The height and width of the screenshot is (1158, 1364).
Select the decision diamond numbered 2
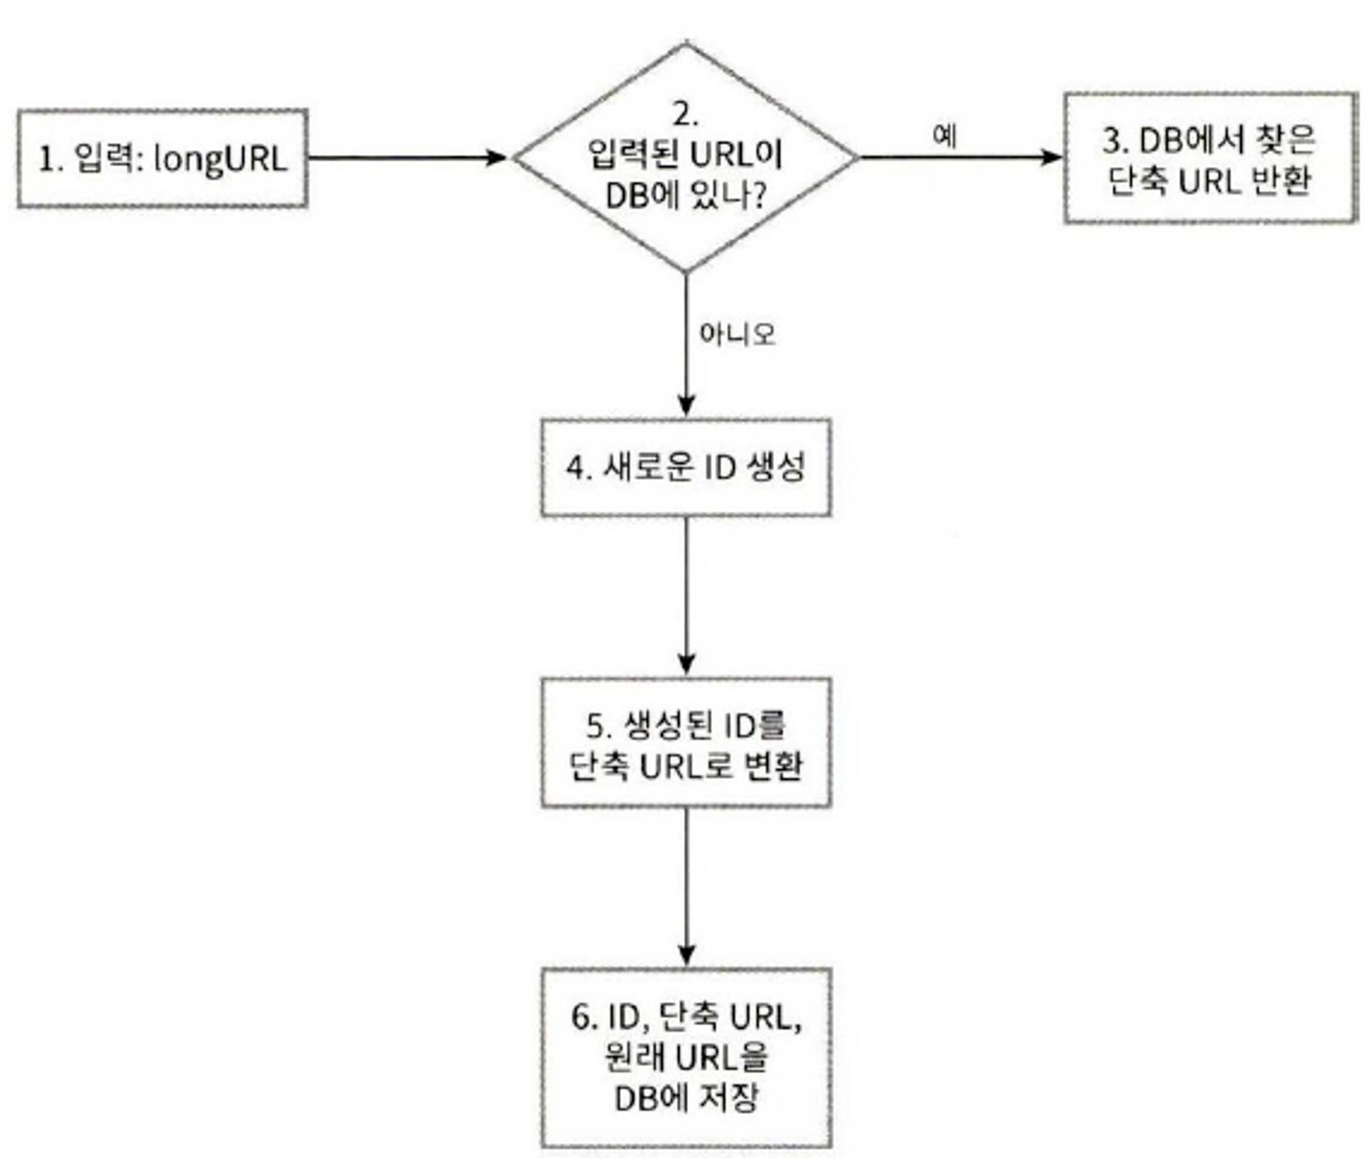686,158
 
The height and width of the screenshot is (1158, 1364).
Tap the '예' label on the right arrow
945,136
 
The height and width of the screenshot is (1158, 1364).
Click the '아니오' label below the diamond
737,334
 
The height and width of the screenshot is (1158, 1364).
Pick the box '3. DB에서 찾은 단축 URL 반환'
1210,158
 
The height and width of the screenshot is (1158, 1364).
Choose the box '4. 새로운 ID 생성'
686,468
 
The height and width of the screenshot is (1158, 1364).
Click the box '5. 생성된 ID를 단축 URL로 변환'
686,743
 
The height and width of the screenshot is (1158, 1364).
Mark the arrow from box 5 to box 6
686,887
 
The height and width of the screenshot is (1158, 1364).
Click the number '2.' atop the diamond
686,115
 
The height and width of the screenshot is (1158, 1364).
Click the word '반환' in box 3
1282,181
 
